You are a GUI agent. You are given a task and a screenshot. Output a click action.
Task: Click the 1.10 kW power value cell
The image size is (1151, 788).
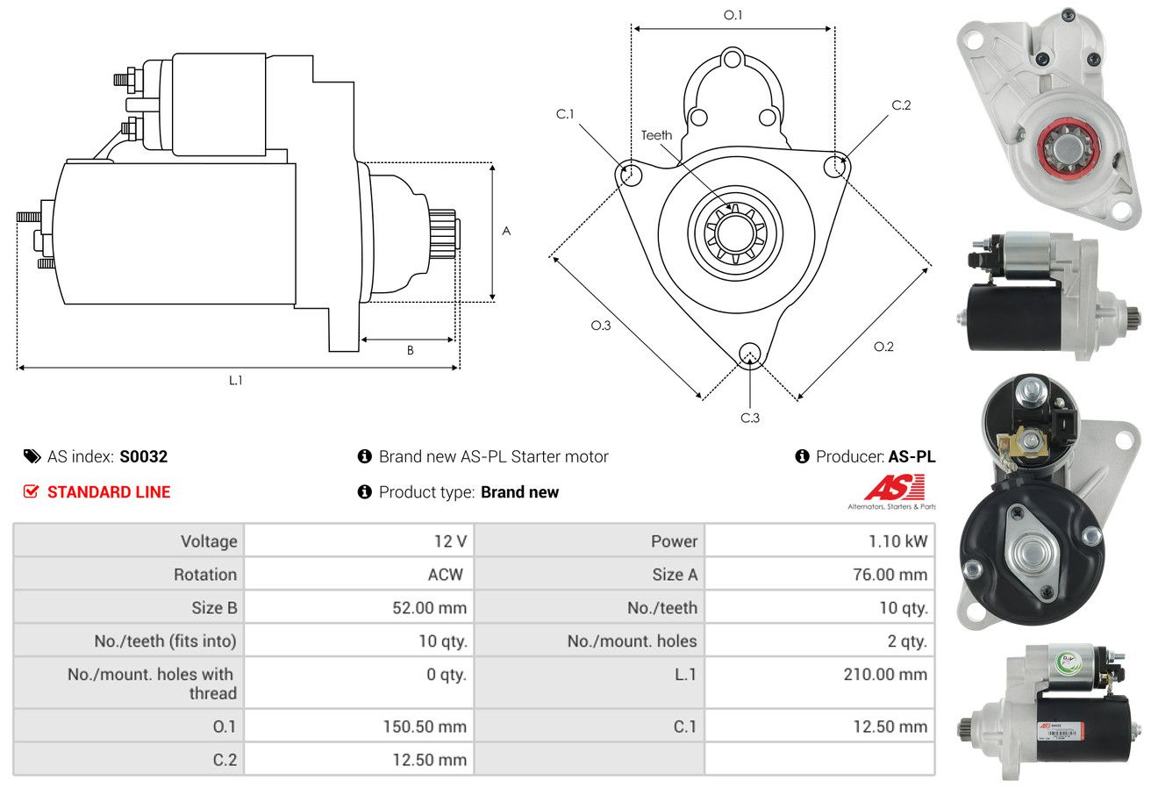(897, 541)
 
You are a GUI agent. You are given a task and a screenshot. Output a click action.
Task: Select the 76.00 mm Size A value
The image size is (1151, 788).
(890, 574)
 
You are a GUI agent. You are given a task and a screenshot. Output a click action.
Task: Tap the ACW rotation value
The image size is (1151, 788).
(446, 574)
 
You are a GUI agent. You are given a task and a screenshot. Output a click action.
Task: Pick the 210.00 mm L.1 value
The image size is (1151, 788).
(885, 674)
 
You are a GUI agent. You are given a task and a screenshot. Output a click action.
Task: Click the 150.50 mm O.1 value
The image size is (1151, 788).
(425, 727)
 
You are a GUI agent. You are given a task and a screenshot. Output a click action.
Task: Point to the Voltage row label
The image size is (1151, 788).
(209, 541)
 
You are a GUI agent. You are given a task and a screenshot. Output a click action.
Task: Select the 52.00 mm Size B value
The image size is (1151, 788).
(430, 607)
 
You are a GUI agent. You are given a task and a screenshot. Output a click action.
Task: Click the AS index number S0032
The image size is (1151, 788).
(143, 456)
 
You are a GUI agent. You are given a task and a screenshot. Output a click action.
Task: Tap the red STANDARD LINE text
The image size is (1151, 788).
(109, 492)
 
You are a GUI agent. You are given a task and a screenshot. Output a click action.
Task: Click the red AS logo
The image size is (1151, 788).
(895, 487)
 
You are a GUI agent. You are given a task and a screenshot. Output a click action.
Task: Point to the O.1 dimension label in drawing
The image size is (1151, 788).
(733, 16)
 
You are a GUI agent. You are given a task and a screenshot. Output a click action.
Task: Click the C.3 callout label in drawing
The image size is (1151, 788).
(750, 418)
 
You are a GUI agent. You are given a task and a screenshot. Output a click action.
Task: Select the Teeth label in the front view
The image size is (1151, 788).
(656, 135)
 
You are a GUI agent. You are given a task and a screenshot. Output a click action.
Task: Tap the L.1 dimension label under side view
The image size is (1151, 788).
(235, 380)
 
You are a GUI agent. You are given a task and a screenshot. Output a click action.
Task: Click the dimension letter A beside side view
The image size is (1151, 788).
(506, 231)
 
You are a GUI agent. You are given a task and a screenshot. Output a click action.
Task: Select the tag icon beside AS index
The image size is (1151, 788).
(32, 456)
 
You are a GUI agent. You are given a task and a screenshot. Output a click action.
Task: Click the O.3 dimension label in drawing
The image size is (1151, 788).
(601, 326)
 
